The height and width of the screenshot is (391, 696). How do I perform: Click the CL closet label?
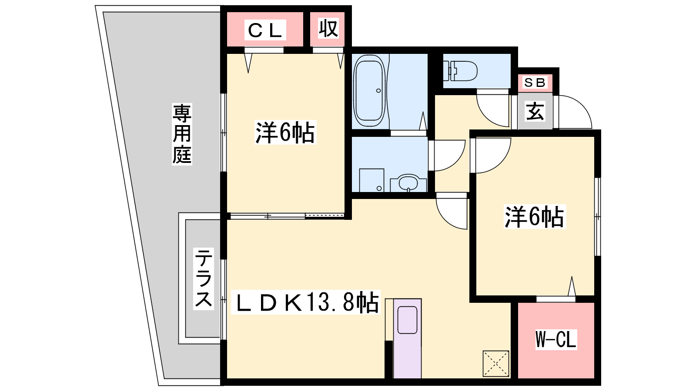point(265,30)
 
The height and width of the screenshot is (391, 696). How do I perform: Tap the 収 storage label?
point(328,29)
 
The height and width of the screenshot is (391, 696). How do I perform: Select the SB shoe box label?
point(535,83)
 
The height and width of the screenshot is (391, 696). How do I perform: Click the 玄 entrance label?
point(535,111)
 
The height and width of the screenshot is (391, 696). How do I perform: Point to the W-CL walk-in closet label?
point(556,339)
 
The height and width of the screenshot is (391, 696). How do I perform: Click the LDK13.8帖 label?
point(306,302)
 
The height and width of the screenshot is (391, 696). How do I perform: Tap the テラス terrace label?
point(204,278)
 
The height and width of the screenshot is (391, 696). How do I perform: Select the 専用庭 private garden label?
point(182,134)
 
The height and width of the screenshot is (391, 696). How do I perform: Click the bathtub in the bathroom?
point(370,91)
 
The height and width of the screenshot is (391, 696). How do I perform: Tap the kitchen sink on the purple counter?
point(407,320)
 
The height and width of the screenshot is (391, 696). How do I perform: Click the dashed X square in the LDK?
point(495,364)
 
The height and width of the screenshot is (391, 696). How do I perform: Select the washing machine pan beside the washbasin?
point(371,180)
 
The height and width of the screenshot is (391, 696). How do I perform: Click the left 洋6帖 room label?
point(285,133)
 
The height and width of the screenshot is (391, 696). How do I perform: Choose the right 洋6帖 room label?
point(535,217)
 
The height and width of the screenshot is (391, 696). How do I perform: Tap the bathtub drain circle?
point(378,91)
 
